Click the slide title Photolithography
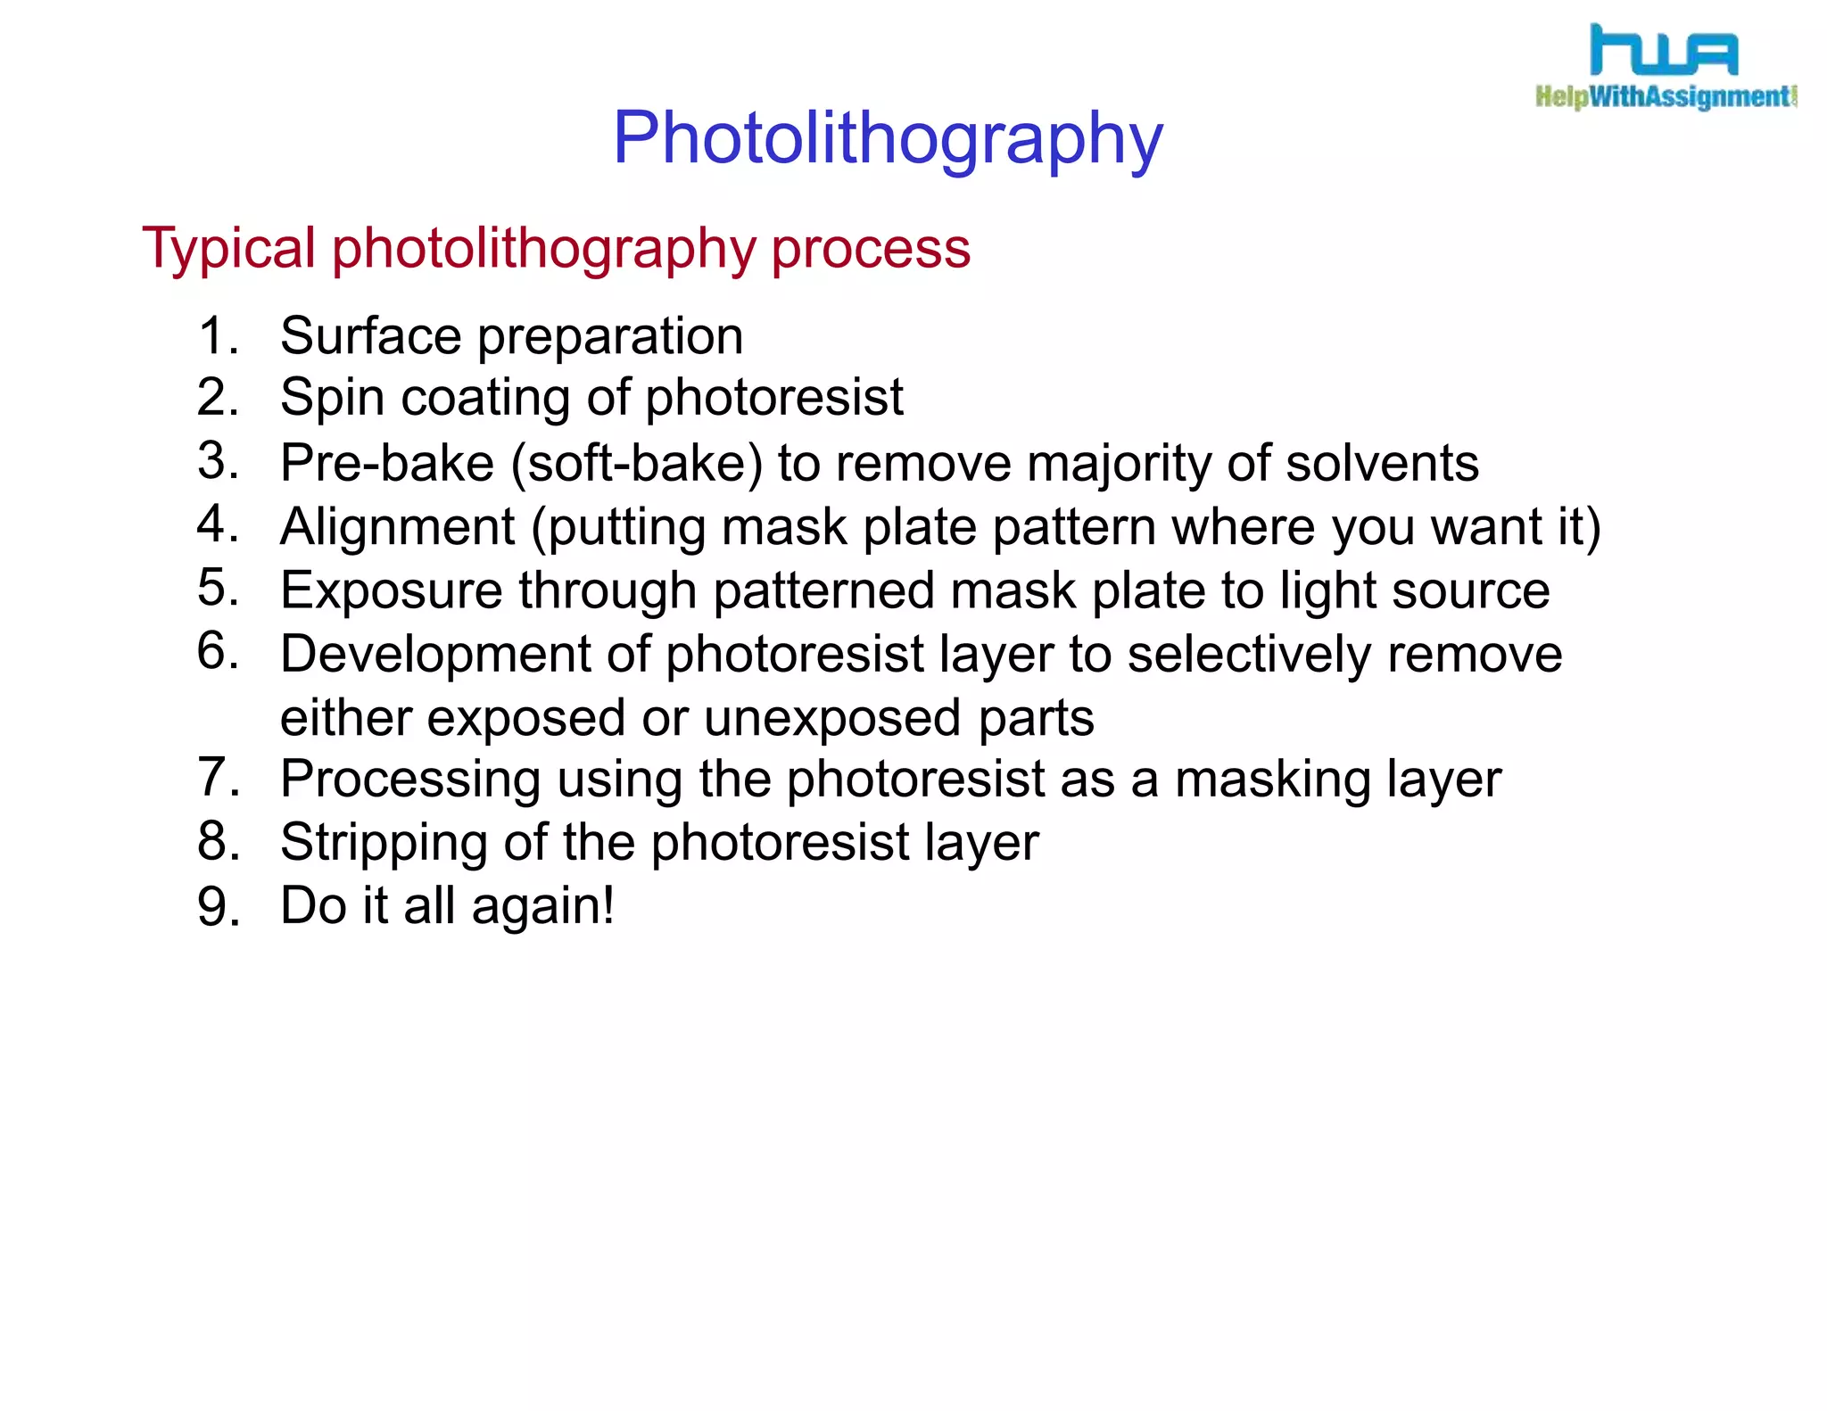[x=888, y=139]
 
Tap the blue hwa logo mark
[x=1664, y=51]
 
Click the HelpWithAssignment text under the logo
[x=1665, y=96]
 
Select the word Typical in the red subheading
[x=228, y=249]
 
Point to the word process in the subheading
[x=871, y=249]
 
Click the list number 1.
[x=218, y=336]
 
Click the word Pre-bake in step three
[x=387, y=463]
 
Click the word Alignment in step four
[x=398, y=526]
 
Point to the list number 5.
[x=218, y=588]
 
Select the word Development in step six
[x=435, y=654]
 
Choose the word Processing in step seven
[x=410, y=780]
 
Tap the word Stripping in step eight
[x=384, y=843]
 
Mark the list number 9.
[x=218, y=907]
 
